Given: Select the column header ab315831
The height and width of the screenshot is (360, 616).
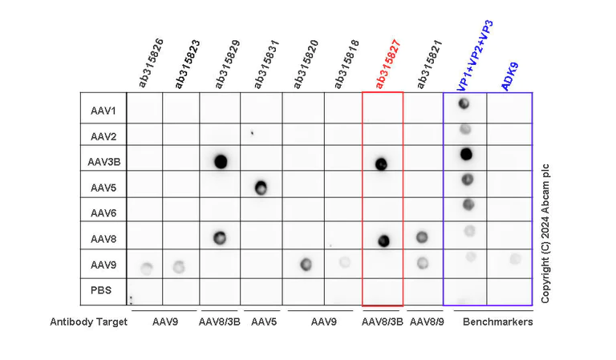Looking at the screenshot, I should point(265,63).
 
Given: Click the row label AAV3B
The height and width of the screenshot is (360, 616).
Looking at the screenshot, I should point(104,161).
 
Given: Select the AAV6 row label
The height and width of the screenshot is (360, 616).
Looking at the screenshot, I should point(104,213).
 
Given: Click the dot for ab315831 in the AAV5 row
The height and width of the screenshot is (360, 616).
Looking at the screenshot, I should point(261,188).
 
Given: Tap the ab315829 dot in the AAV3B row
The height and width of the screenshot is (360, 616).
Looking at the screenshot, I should point(221,161).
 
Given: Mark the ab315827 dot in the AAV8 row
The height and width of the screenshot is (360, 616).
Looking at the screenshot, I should point(383,240).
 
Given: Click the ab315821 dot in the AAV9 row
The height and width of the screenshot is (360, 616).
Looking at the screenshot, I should point(423,262).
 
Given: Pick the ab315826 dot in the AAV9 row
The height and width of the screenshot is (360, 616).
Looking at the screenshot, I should point(145,267).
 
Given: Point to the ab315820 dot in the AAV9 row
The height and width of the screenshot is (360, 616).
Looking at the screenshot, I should point(305,265).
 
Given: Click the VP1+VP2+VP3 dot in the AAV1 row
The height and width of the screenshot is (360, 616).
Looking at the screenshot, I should point(464,103).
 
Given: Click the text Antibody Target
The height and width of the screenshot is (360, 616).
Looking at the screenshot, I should point(89,322).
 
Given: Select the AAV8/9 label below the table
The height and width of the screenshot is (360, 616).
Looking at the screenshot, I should point(425,322).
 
